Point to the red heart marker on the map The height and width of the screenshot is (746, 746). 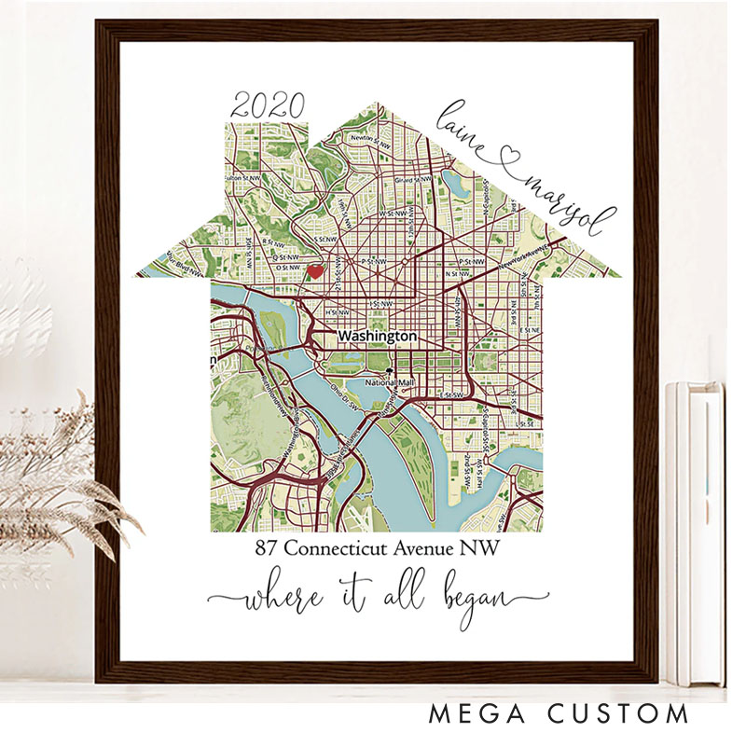pos(316,271)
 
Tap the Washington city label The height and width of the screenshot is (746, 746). pos(377,336)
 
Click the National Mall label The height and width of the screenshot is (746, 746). pos(389,382)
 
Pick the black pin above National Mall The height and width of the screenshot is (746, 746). pos(391,370)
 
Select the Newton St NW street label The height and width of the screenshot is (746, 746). pos(367,139)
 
